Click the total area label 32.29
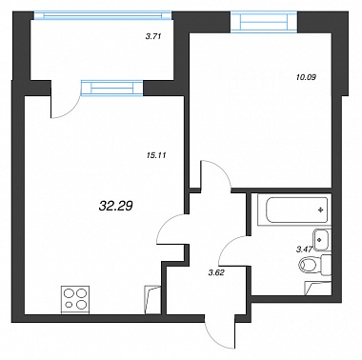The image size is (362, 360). (x=115, y=207)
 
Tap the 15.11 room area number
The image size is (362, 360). (x=153, y=155)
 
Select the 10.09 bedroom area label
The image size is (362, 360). (x=306, y=76)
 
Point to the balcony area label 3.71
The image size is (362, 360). (x=153, y=36)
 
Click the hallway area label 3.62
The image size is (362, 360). (x=216, y=272)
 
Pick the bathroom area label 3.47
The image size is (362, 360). (x=304, y=250)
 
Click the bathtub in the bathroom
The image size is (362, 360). (x=293, y=210)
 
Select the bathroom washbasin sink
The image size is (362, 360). (x=321, y=240)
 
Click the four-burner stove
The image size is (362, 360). (x=75, y=300)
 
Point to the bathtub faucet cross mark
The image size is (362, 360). (x=321, y=210)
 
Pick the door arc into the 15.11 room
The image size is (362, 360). (x=166, y=226)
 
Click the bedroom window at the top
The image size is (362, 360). (x=264, y=22)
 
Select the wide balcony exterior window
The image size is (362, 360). (x=103, y=15)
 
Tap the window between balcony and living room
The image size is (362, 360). (x=112, y=88)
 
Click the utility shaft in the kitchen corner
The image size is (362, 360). (x=151, y=299)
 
